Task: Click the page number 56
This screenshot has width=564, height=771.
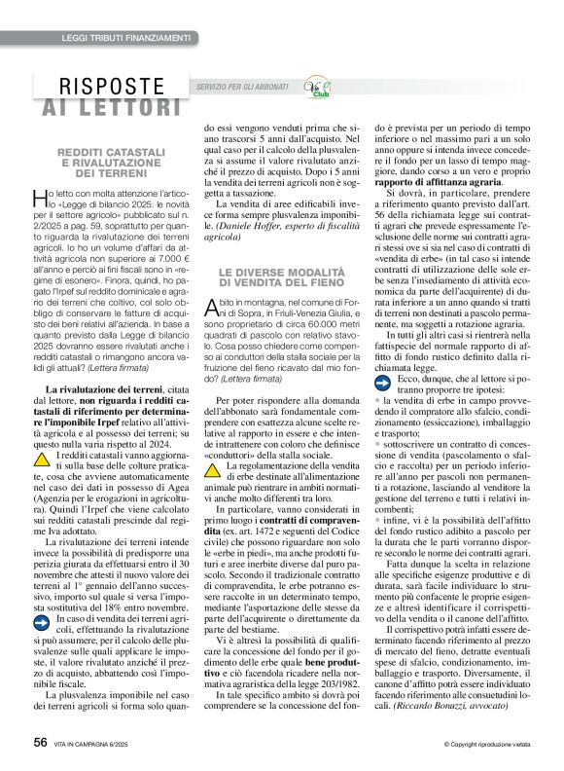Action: [40, 743]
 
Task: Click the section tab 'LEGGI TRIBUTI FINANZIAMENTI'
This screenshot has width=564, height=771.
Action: [125, 37]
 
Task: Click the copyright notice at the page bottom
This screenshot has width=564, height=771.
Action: [478, 745]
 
